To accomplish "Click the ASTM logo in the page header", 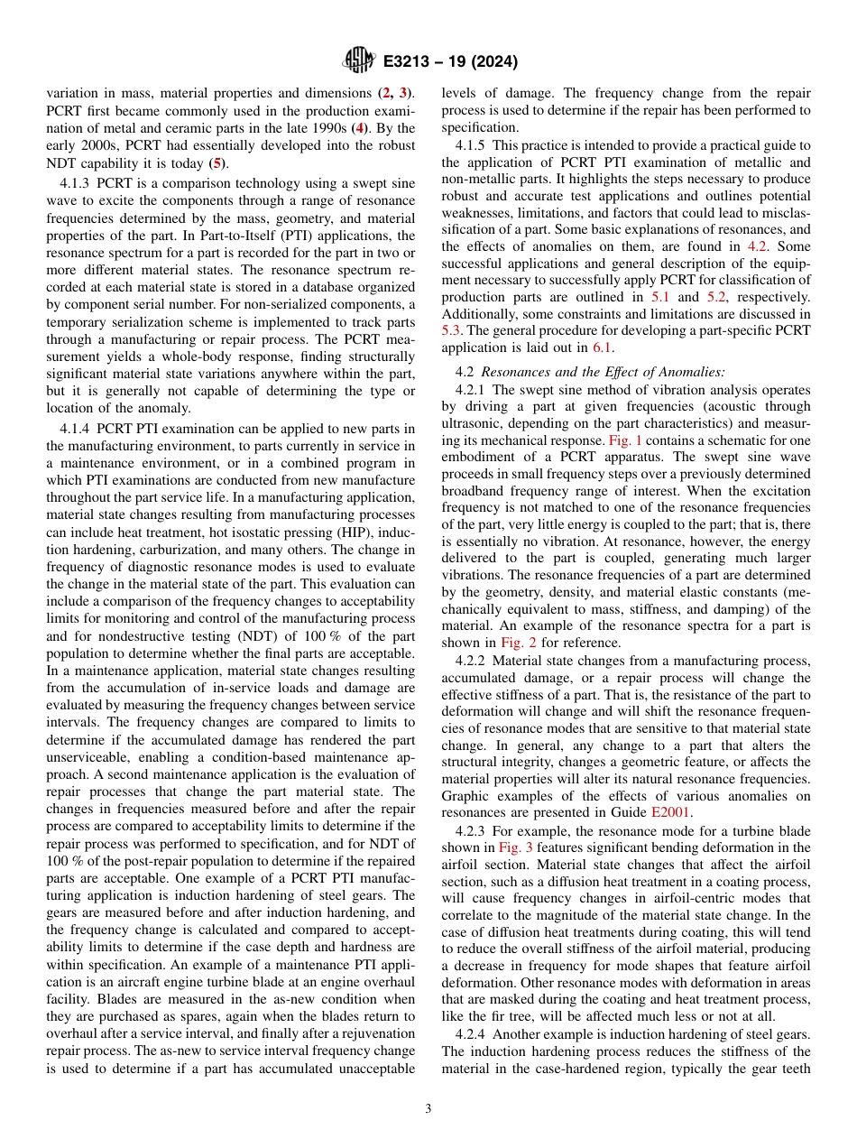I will [359, 62].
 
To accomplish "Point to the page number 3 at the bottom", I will [428, 1109].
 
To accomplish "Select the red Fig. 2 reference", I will [518, 643].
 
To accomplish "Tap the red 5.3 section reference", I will [451, 330].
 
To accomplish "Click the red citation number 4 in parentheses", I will [359, 127].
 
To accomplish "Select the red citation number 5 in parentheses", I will [215, 162].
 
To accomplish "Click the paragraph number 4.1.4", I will [77, 428].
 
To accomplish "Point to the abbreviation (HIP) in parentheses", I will [324, 532].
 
